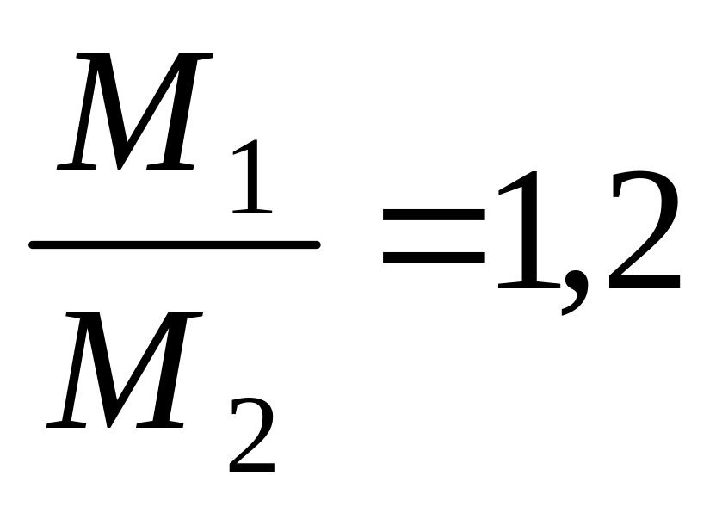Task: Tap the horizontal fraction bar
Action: pyautogui.click(x=175, y=244)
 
